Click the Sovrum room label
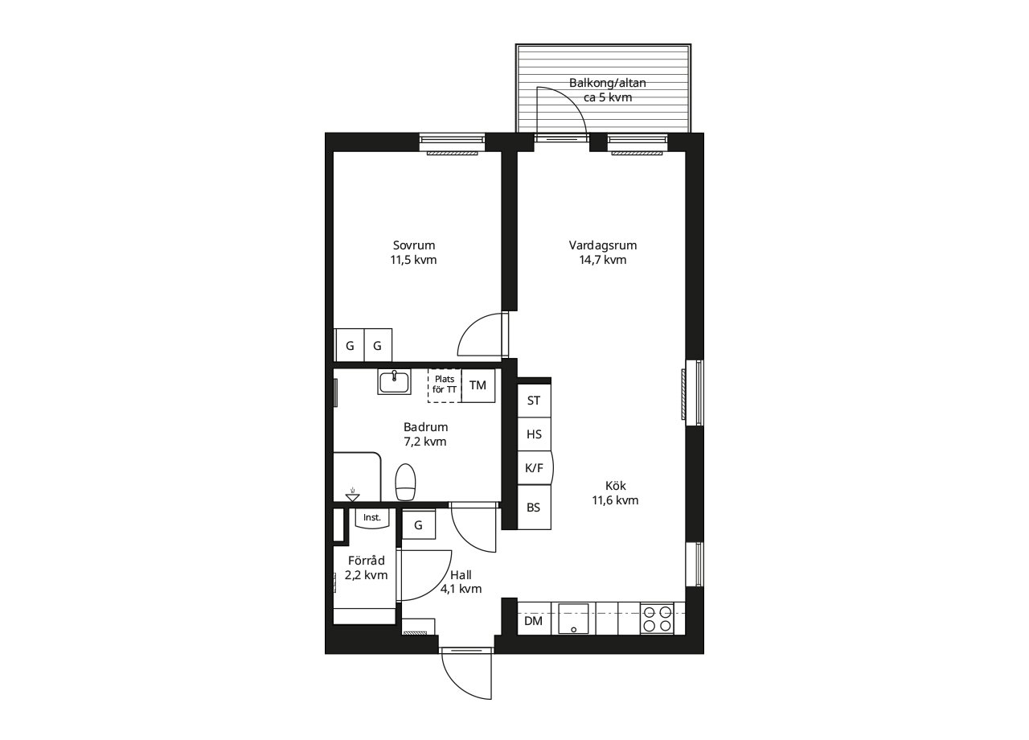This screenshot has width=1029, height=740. [413, 253]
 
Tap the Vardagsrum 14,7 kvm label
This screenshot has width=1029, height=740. [603, 253]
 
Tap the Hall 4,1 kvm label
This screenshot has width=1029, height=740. [461, 582]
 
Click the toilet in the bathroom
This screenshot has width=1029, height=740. [405, 482]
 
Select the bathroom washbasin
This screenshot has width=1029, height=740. [394, 381]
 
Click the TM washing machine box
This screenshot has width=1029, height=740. [478, 385]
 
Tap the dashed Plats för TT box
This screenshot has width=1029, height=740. [445, 385]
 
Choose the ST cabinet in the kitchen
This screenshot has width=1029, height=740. [535, 401]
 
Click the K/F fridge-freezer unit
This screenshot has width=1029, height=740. [535, 468]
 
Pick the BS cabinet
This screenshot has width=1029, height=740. [535, 508]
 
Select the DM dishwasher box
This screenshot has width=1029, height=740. [534, 621]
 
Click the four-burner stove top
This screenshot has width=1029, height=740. [657, 619]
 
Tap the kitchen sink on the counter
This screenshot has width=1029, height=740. [573, 619]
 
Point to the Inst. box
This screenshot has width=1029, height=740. [372, 517]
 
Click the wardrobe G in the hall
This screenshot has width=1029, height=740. [419, 524]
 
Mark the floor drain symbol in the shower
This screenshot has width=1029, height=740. [352, 495]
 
